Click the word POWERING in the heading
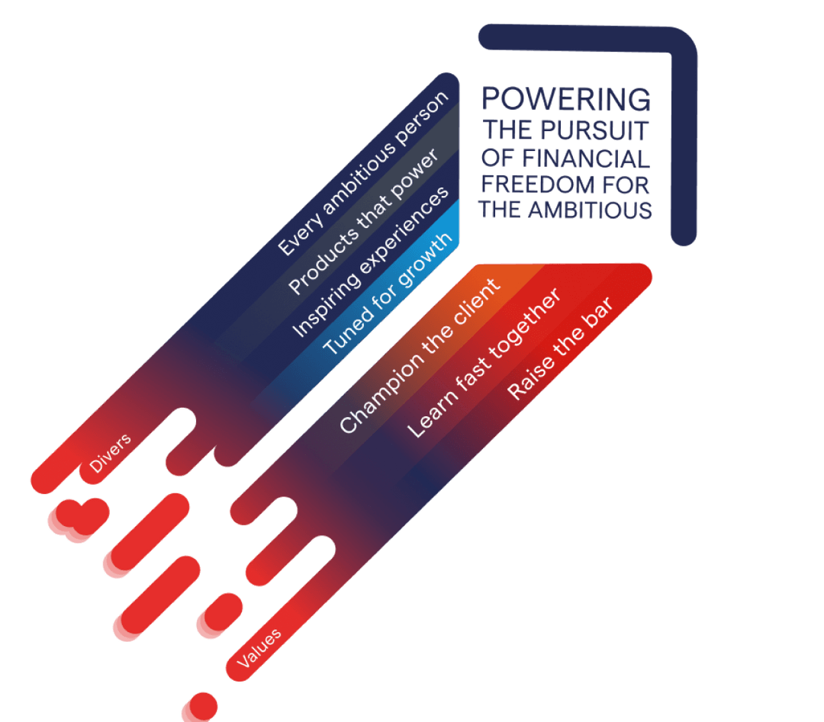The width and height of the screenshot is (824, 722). [567, 99]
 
